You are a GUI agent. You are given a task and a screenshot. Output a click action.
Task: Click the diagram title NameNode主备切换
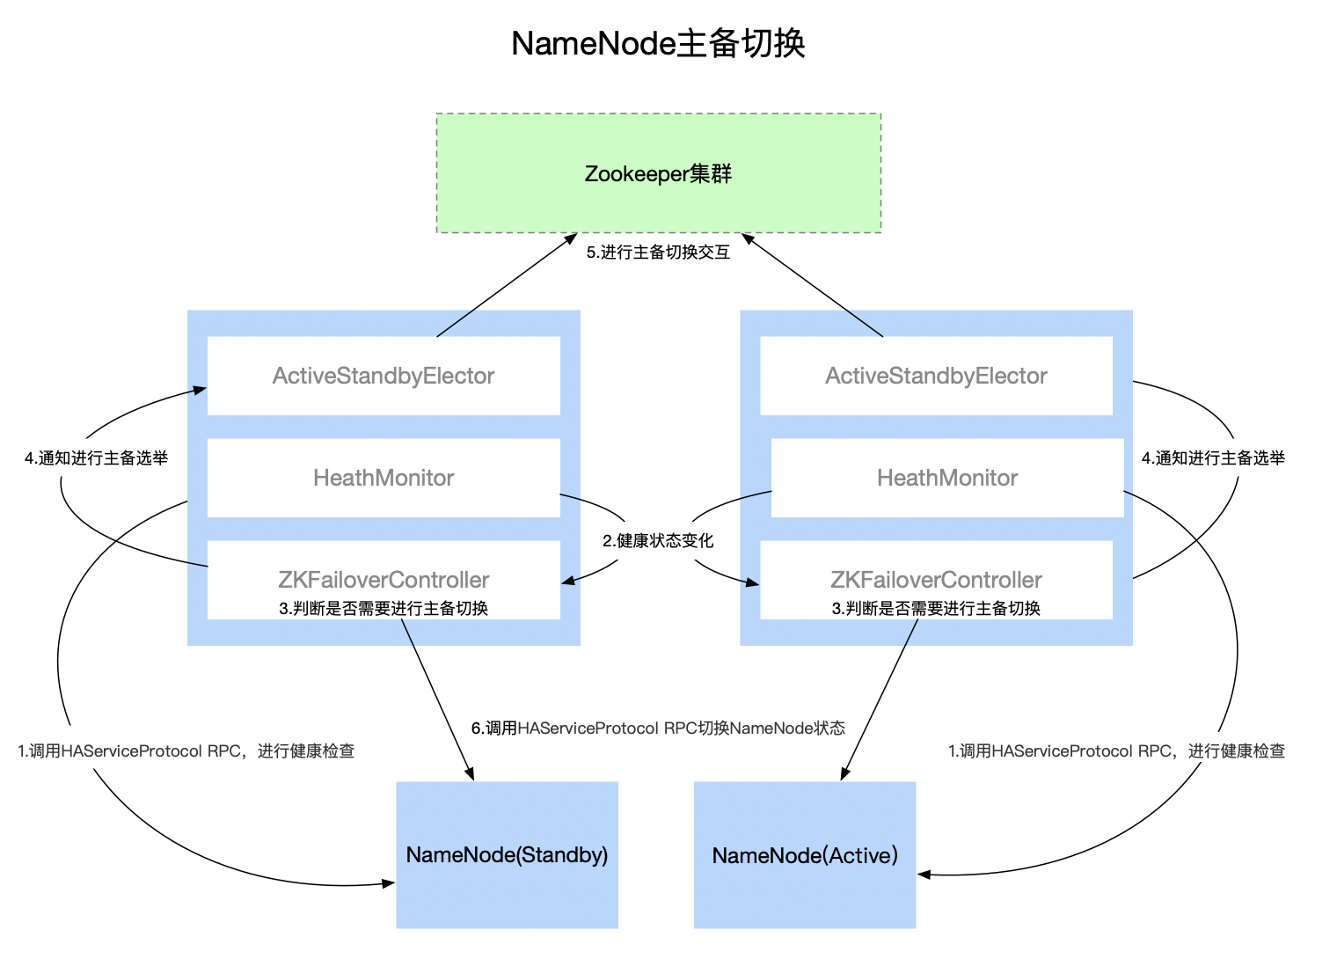(658, 44)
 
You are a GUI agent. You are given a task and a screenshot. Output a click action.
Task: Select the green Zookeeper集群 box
(658, 173)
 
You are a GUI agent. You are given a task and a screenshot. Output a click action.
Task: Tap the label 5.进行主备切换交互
(658, 253)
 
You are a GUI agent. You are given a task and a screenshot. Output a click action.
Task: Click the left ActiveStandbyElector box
(384, 376)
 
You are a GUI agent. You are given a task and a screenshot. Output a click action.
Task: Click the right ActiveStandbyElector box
(936, 376)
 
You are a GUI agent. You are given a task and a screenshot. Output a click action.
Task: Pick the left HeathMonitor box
(384, 478)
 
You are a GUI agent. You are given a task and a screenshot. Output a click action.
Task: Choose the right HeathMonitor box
(947, 478)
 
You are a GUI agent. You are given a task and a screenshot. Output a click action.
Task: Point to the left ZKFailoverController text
(384, 580)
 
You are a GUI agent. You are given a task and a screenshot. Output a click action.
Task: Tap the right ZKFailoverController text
(936, 580)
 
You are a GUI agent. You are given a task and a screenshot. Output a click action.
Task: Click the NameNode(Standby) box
(507, 855)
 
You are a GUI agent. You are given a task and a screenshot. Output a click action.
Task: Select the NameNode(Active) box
(805, 855)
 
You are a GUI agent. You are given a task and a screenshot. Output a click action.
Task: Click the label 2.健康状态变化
(658, 541)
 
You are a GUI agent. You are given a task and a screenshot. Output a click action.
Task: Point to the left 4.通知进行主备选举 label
(97, 458)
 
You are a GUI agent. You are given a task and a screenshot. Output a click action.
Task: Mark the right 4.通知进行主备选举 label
(1213, 458)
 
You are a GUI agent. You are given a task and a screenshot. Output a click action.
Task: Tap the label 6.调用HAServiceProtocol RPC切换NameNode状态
(658, 728)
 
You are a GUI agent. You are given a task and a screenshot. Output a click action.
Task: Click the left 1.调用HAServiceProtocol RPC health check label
(186, 751)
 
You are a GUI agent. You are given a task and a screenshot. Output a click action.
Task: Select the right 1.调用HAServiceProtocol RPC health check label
(1116, 751)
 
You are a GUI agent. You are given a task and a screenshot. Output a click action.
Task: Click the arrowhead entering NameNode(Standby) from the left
(389, 883)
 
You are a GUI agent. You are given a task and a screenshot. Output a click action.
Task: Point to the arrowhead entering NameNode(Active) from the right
(924, 875)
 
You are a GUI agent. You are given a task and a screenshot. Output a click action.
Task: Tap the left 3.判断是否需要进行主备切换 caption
(384, 609)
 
